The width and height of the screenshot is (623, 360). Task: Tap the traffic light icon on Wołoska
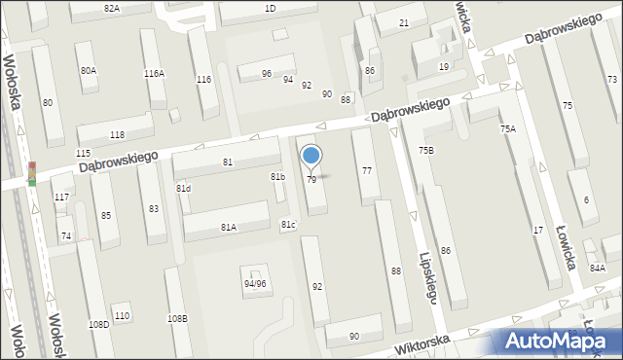click(31, 173)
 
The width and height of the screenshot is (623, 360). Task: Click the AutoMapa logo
click(556, 342)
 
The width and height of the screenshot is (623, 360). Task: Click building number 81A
click(228, 227)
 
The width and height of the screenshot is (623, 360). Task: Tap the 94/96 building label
click(255, 283)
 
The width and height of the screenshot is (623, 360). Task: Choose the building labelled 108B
click(177, 318)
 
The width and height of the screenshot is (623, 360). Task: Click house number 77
click(366, 170)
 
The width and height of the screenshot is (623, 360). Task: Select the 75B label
click(426, 150)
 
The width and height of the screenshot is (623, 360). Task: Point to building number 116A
click(154, 73)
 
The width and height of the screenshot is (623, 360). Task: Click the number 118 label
click(117, 134)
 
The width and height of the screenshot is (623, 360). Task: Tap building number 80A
click(89, 70)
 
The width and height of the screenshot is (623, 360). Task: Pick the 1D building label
click(270, 8)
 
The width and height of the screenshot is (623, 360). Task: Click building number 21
click(404, 21)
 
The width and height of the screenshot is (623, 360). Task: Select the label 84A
click(597, 268)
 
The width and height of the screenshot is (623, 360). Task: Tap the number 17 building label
click(538, 229)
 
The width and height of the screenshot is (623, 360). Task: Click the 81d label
click(183, 188)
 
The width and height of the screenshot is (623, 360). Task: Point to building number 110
click(122, 315)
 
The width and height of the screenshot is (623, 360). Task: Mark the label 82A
click(111, 8)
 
